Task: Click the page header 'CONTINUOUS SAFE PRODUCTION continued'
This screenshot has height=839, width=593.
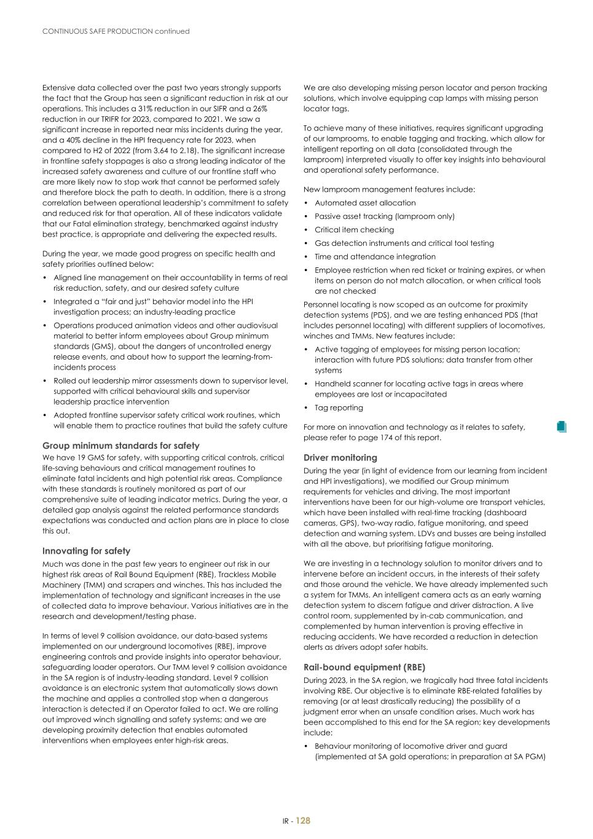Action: click(x=116, y=31)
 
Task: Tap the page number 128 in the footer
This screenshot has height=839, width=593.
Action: click(x=304, y=821)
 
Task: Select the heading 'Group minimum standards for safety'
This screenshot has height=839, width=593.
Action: click(x=120, y=446)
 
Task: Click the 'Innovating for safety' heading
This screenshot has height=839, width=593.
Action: click(x=86, y=551)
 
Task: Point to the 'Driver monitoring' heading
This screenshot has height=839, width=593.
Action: click(x=340, y=458)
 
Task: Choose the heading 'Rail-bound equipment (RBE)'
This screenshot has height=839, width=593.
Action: click(x=364, y=668)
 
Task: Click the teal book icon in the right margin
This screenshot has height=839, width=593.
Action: click(x=560, y=427)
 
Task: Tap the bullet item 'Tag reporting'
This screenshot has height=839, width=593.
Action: click(x=339, y=408)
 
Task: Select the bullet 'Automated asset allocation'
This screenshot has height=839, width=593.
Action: click(x=365, y=203)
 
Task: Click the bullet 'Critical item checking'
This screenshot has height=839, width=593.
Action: click(x=354, y=230)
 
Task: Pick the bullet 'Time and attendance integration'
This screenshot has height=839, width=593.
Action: click(x=375, y=257)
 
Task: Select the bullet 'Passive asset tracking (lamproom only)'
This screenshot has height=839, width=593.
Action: click(x=385, y=216)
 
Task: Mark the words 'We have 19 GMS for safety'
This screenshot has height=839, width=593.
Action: click(x=90, y=458)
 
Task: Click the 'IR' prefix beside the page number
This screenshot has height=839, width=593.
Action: click(x=286, y=821)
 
